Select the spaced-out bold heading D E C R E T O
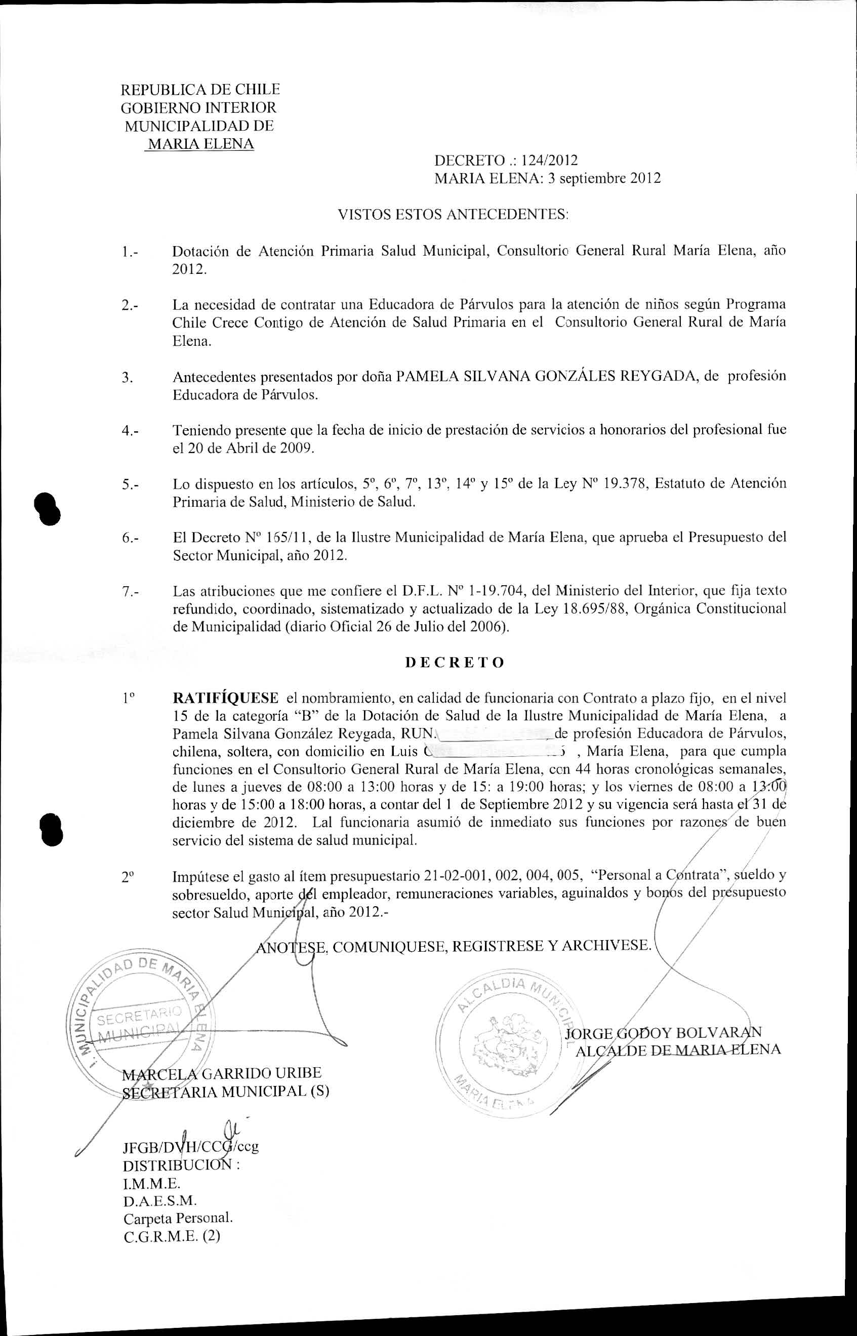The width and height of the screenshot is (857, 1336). click(x=455, y=662)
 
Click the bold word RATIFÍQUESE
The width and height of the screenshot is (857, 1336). click(x=225, y=698)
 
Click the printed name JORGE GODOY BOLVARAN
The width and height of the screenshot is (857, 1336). click(x=662, y=1033)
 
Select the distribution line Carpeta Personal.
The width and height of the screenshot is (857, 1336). click(x=178, y=1198)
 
